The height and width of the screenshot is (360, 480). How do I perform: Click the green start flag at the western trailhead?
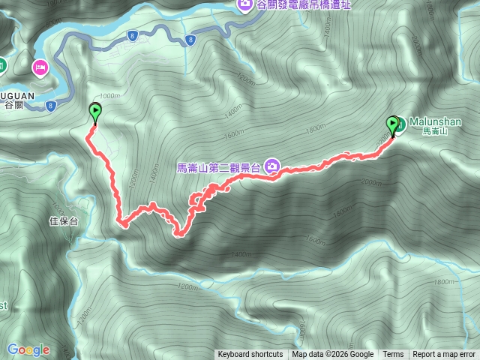click(x=95, y=112)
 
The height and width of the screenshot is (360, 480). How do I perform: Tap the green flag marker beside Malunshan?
click(x=392, y=124)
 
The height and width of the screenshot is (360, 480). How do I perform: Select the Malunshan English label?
click(x=435, y=121)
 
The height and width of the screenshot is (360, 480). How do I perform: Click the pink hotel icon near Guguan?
click(x=39, y=67)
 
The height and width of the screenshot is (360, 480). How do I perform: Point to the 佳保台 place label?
click(x=63, y=221)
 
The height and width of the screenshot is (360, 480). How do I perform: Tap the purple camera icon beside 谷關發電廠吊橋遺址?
click(x=245, y=5)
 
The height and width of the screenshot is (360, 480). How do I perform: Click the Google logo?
click(x=28, y=349)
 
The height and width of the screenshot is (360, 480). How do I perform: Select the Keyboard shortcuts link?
click(x=250, y=355)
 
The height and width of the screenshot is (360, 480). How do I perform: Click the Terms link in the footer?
click(x=393, y=355)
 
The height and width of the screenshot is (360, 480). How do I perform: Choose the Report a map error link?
click(x=444, y=355)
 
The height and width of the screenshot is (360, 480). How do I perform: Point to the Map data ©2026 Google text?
click(x=333, y=355)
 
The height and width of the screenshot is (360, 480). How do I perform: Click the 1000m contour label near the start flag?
click(x=109, y=95)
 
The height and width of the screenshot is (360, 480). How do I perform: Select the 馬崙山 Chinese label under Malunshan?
click(x=434, y=131)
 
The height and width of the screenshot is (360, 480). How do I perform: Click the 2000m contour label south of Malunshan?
click(x=370, y=182)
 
